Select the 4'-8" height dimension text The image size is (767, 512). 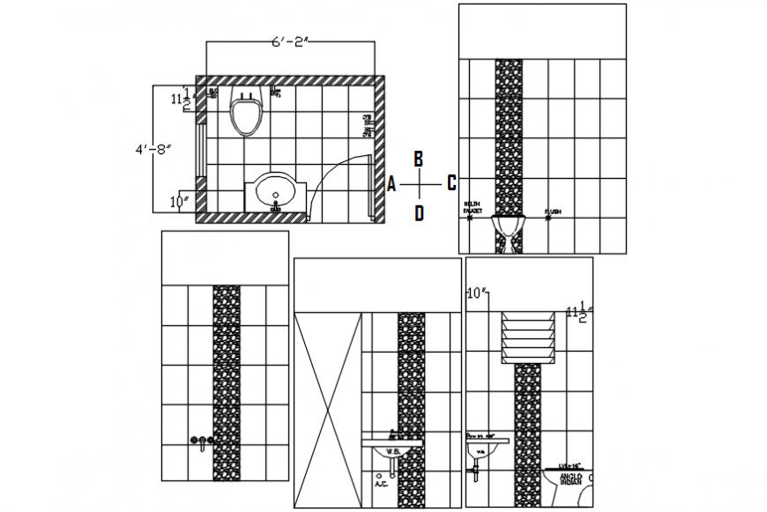[x=153, y=149]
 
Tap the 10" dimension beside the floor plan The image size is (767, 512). [x=181, y=201]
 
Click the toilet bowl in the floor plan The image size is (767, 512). [x=246, y=113]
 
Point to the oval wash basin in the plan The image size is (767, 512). [x=277, y=190]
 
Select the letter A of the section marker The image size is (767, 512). [x=391, y=183]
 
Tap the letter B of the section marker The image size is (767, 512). [x=419, y=159]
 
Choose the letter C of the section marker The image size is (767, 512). [x=451, y=182]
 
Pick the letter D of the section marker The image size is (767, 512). [x=419, y=212]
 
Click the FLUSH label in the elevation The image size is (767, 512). [x=553, y=211]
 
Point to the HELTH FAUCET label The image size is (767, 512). [x=473, y=209]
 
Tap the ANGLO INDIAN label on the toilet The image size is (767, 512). [x=570, y=478]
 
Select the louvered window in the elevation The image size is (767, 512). [x=527, y=338]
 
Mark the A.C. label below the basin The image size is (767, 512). [x=382, y=483]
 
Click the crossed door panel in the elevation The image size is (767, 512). [x=328, y=409]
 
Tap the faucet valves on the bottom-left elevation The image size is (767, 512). [x=201, y=441]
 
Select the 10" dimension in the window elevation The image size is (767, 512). [x=477, y=292]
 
